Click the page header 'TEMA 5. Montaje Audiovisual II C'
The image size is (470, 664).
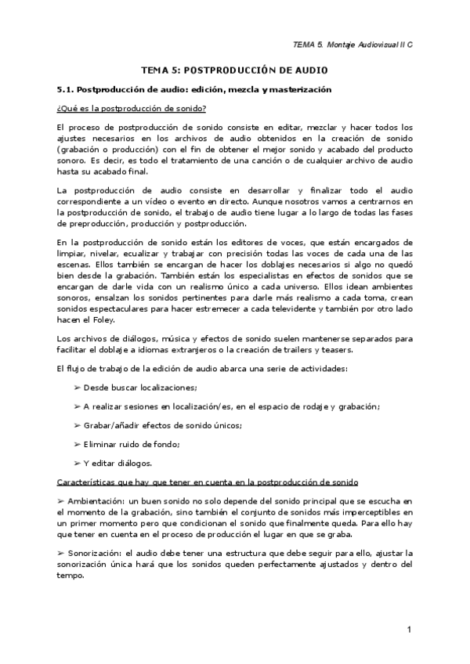click(352, 45)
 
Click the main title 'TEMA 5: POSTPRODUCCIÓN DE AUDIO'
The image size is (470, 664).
click(234, 70)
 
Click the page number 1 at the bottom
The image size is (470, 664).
click(409, 630)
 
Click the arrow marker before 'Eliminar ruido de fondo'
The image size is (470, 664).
click(77, 444)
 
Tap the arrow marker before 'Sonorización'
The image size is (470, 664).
click(62, 553)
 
